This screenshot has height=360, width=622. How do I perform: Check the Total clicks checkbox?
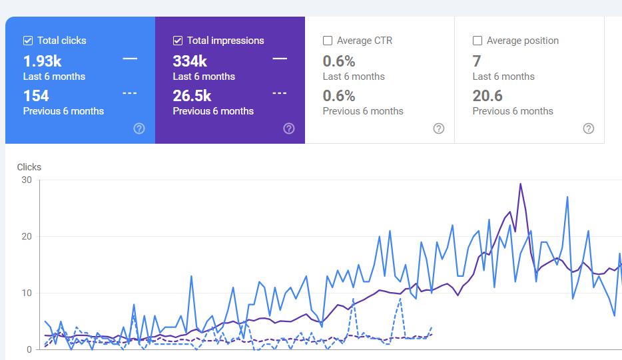pos(28,41)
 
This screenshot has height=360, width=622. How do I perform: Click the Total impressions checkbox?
pos(178,41)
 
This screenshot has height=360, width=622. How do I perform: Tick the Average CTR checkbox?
pos(328,41)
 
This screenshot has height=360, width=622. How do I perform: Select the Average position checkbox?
pos(477,41)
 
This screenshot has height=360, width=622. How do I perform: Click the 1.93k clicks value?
pos(42,61)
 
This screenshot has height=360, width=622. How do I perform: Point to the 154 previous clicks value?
pos(36,96)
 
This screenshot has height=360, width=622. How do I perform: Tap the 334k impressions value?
pos(190,61)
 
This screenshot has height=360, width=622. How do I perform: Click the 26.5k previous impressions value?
pos(192,96)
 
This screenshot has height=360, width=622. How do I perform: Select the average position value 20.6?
pos(487,96)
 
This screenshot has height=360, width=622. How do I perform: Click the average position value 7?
pos(477,61)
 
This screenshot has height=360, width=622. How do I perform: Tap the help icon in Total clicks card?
pos(139,128)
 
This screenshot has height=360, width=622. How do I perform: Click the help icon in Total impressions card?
pos(289,128)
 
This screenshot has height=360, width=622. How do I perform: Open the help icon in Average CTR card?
pos(439,128)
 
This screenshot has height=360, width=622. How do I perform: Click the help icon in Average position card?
pos(589,128)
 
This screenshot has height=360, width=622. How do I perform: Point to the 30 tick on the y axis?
pos(26,180)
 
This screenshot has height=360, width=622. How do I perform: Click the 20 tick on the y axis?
pos(26,236)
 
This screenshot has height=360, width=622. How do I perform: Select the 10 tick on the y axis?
pos(26,293)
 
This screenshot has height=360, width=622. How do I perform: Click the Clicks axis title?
pos(29,167)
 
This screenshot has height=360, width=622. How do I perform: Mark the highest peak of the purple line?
pos(520,184)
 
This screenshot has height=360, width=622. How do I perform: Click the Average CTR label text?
pos(364,41)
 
